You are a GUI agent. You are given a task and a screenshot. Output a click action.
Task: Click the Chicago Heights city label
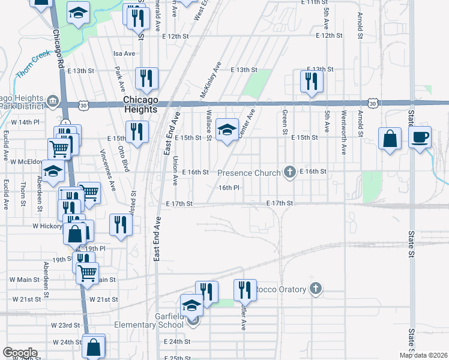coord(140,104)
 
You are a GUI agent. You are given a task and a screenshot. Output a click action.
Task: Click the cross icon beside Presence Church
coord(290,173)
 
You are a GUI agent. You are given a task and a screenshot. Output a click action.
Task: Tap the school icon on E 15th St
coord(226,129)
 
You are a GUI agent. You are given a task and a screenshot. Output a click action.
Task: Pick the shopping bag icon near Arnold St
coord(390,139)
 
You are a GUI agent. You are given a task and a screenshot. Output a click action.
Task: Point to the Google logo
coord(19,353)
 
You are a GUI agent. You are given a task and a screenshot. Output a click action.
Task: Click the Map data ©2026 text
coord(424,355)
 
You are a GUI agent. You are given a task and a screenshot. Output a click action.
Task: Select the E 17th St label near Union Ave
coord(179,204)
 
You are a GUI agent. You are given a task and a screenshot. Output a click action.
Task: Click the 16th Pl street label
coord(229,188)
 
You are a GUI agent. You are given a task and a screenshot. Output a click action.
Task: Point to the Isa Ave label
coord(124,53)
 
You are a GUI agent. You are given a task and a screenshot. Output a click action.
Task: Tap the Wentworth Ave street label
coord(344,124)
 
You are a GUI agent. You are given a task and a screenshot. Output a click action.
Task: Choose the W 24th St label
coord(66,342)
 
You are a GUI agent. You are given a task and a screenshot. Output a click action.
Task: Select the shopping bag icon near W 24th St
coord(94,346)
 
